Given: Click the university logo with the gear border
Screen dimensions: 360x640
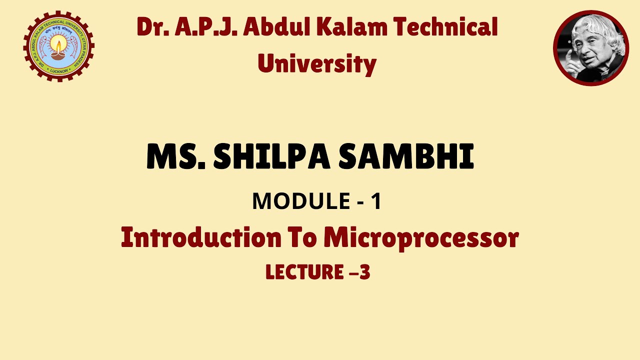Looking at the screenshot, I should (x=58, y=46).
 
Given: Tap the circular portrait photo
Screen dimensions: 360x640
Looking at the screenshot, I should (x=591, y=48).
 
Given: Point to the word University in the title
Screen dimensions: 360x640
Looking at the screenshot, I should (x=317, y=63).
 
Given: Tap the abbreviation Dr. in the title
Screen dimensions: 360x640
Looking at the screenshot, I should (x=152, y=28).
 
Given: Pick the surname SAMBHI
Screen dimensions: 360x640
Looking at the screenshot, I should (x=406, y=157).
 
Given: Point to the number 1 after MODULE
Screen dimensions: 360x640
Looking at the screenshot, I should (x=376, y=201).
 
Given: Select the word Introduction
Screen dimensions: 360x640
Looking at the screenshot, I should (x=201, y=237).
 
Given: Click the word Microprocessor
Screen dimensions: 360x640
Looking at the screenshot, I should (x=421, y=238).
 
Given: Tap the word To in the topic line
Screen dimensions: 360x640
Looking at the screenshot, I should (x=302, y=237).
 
